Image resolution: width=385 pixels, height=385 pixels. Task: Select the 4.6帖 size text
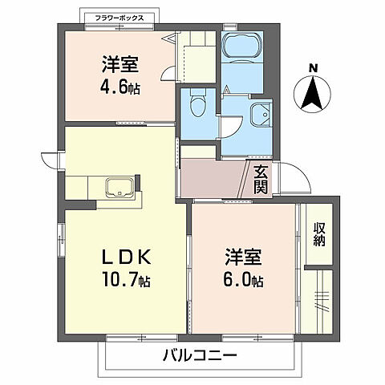121,87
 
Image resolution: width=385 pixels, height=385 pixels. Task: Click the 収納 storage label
319,232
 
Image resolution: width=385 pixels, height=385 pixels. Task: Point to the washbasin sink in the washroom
259,116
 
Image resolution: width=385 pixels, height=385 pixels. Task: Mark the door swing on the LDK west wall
51,161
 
